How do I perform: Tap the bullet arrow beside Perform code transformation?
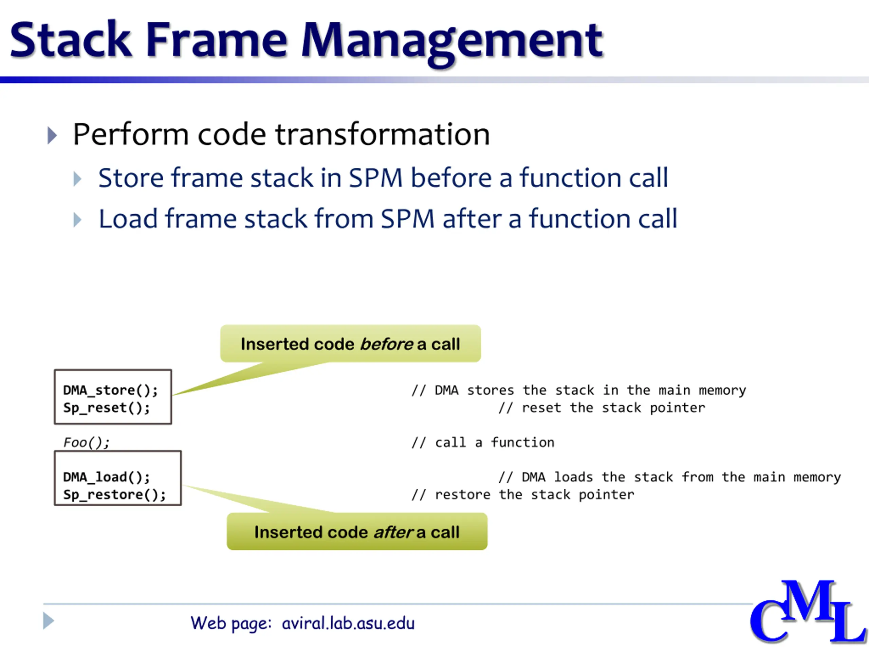52,135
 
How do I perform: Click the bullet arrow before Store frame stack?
77,179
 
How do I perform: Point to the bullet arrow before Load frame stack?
77,220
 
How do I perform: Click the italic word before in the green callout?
386,344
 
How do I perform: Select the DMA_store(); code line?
110,390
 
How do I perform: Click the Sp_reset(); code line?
107,408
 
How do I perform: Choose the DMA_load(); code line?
107,477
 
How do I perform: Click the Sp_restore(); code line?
114,494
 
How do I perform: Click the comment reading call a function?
483,442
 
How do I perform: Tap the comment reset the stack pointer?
602,408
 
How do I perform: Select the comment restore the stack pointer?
522,494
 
